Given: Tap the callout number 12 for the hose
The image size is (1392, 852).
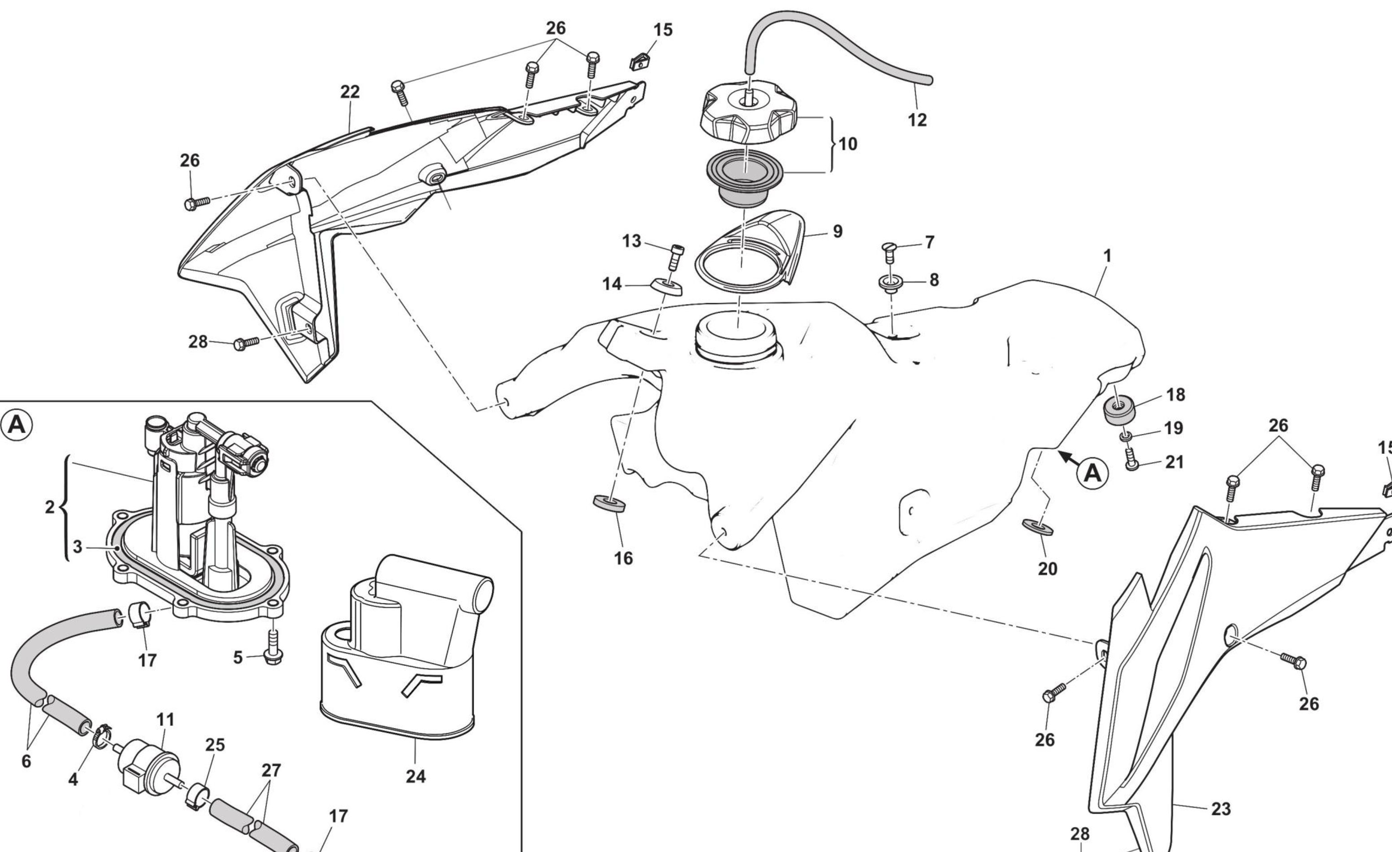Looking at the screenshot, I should (x=917, y=120).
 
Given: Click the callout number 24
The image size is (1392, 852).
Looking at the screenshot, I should (x=415, y=776).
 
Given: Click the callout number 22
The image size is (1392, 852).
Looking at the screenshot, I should (x=350, y=92).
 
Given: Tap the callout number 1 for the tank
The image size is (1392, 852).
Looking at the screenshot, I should (x=1107, y=256).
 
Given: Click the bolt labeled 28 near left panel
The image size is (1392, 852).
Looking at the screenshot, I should (x=246, y=343).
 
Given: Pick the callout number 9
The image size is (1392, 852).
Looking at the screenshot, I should (x=837, y=231).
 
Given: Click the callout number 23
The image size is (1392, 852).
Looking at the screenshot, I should (x=1221, y=809).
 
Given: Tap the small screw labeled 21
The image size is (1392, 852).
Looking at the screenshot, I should (x=1131, y=463).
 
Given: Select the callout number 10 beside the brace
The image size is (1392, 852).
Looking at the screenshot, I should (x=848, y=144).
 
